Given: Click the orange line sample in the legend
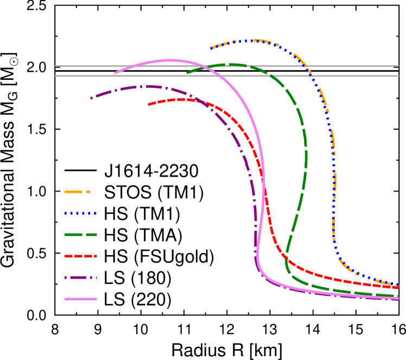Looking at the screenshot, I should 77,192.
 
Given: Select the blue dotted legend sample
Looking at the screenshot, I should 80,213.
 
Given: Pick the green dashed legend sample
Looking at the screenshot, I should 80,235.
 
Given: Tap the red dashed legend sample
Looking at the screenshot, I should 80,256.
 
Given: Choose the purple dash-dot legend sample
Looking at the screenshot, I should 80,277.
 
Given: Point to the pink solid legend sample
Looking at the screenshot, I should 80,299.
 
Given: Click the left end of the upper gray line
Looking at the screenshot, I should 55,66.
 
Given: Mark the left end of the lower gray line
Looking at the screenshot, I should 56,76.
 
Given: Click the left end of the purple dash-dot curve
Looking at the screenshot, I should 91,98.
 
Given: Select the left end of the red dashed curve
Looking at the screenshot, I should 149,104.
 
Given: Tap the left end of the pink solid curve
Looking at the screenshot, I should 115,73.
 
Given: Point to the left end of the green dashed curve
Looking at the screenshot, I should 187,73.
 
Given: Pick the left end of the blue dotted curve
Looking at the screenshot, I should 211,49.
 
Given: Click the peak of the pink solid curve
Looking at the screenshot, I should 170,60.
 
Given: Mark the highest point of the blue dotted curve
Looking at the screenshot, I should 253,40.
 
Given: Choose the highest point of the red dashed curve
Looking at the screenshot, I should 179,99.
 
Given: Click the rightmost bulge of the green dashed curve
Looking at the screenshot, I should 307,157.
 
